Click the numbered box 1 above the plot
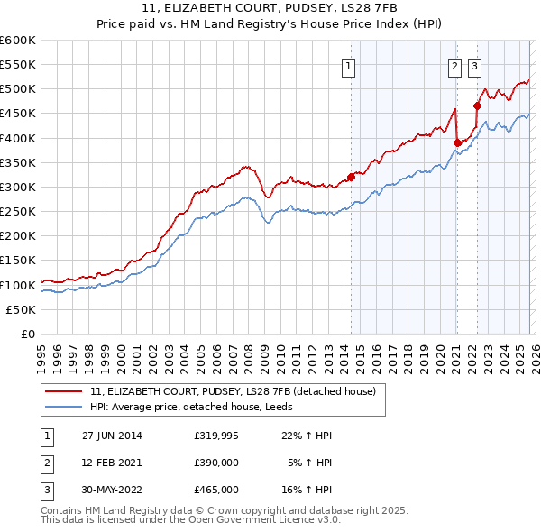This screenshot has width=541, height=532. click(348, 64)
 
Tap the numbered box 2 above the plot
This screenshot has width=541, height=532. click(454, 64)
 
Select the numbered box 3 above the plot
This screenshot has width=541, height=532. click(474, 64)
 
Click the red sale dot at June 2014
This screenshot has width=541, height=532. click(351, 177)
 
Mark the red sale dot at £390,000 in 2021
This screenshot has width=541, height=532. click(457, 142)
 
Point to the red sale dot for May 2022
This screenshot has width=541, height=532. click(477, 105)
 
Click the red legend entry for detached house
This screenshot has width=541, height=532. click(238, 391)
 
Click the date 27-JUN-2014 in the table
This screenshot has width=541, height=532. click(112, 436)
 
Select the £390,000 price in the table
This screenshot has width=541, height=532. click(216, 463)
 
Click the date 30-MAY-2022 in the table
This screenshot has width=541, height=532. click(112, 490)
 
